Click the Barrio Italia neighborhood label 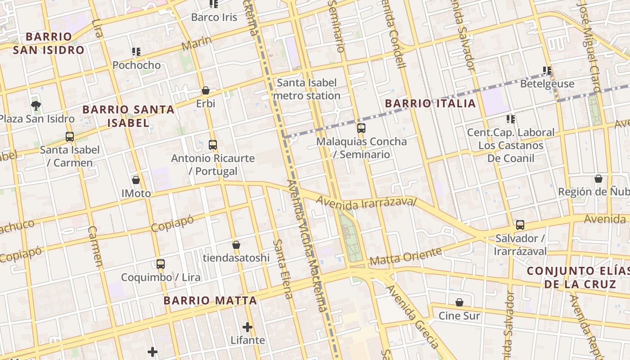point(430,103)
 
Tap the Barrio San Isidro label point(48,43)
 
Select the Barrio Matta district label point(210,301)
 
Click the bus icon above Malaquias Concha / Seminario point(361,128)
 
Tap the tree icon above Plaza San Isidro point(36,106)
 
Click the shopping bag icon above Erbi point(206,90)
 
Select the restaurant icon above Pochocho point(136,52)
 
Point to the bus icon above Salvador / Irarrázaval point(520,225)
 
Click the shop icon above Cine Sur point(459,302)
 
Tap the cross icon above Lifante point(247,327)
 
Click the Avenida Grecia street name point(412,316)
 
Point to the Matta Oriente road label point(405,256)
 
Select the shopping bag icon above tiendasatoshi point(236,245)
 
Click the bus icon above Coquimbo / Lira point(161,264)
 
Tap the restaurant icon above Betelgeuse point(547,70)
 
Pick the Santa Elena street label point(283,269)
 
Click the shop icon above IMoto point(136,180)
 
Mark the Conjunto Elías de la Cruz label point(579,278)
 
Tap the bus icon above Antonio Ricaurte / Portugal point(213,145)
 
